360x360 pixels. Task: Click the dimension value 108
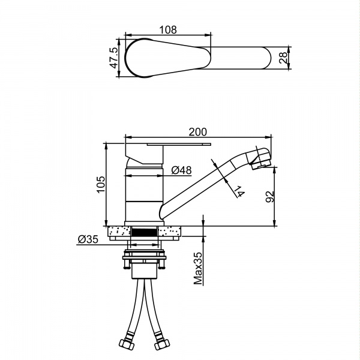click(x=168, y=29)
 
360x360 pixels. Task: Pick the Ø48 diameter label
click(x=181, y=170)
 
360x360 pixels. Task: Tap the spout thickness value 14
click(x=238, y=192)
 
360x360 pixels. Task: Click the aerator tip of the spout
click(x=263, y=159)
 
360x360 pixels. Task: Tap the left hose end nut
click(x=128, y=346)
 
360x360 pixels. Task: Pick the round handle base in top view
click(x=144, y=58)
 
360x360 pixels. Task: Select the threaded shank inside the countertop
click(x=144, y=231)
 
